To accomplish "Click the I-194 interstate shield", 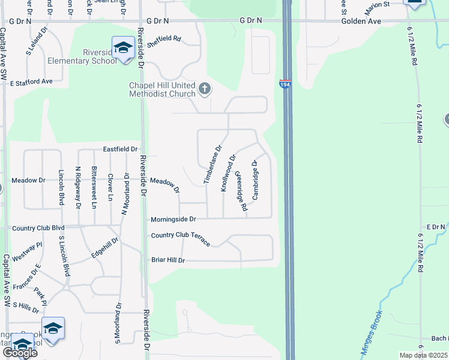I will pos(285,85).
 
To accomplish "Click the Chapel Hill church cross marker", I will pos(205,89).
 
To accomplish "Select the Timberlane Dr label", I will pos(213,164).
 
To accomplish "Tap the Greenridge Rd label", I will pos(241,191).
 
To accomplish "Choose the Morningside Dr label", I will pos(173,220).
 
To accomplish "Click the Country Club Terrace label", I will pos(181,238).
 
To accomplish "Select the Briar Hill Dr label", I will pos(168,260).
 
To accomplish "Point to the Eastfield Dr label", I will pos(120,149).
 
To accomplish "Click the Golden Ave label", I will pos(362,20).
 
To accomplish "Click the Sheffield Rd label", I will pos(164,38).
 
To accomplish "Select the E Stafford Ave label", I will pos(31,81).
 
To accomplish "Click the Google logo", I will pos(20,352).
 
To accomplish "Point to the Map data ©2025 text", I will pos(423,355).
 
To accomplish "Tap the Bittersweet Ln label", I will pos(94,187).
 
